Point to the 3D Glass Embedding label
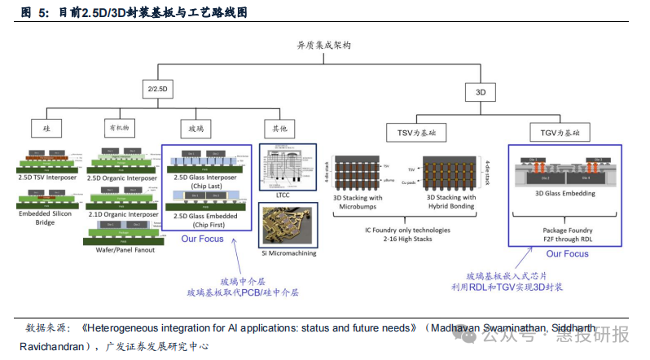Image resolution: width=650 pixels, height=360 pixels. (x=564, y=194)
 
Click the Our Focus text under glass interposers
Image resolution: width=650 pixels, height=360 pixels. (x=203, y=239)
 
